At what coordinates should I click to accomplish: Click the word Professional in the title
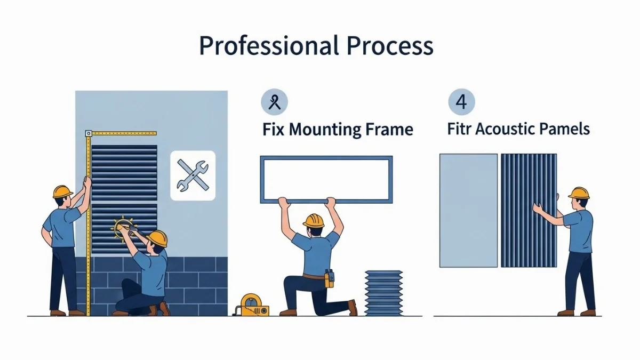click(269, 46)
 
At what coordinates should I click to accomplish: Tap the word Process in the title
click(390, 46)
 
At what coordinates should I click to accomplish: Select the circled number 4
click(461, 102)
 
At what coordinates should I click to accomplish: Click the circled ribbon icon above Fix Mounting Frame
click(274, 102)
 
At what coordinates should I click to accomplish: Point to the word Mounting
click(325, 130)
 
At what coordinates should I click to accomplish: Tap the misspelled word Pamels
click(564, 129)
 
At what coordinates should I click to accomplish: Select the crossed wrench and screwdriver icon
click(193, 175)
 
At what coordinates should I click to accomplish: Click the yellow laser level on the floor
click(251, 305)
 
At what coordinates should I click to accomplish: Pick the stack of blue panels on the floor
click(383, 293)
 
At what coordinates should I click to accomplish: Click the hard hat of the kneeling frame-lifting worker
click(314, 221)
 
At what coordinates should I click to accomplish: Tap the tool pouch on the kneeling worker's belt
click(329, 278)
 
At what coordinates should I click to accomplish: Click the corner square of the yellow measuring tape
click(89, 133)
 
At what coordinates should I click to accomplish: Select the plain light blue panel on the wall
click(469, 211)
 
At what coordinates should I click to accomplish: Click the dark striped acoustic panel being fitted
click(529, 211)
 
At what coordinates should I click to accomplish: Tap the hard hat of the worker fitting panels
click(579, 193)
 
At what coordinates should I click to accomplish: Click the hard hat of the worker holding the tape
click(62, 191)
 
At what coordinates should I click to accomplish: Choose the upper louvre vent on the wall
click(124, 173)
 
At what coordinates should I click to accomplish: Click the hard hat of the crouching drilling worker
click(157, 238)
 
